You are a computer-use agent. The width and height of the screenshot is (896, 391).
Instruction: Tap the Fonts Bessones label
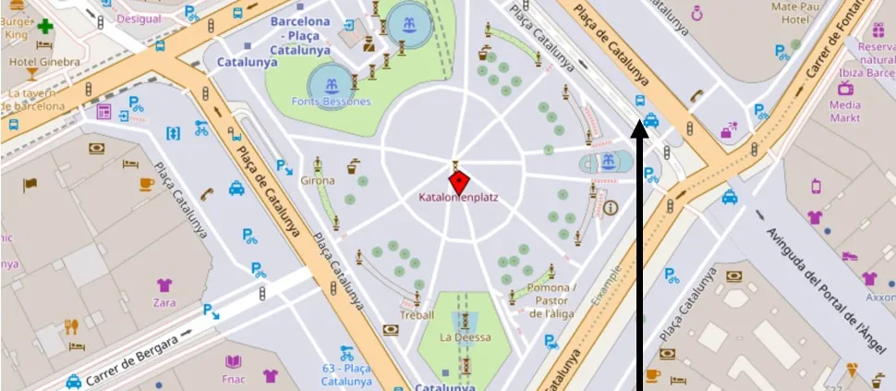[x=330, y=102]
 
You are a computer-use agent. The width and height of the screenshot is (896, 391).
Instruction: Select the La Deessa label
[x=465, y=337]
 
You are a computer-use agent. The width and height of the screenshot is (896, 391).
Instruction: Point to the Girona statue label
[x=318, y=181]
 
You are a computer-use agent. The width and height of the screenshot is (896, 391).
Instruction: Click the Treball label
[x=417, y=314]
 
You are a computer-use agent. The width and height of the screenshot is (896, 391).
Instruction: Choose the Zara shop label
[x=164, y=301]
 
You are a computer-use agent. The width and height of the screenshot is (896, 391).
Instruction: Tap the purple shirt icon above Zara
[x=164, y=285]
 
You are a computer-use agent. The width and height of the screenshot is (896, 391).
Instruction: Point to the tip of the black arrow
[x=638, y=126]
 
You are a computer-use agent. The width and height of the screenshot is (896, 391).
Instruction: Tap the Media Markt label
[x=845, y=111]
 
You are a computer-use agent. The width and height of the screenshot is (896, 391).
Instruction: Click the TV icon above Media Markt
[x=844, y=88]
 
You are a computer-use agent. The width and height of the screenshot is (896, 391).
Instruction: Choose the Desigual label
[x=139, y=18]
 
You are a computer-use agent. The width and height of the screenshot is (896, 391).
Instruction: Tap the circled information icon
[x=611, y=208]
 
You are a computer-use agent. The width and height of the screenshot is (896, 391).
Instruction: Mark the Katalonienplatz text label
[x=458, y=197]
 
